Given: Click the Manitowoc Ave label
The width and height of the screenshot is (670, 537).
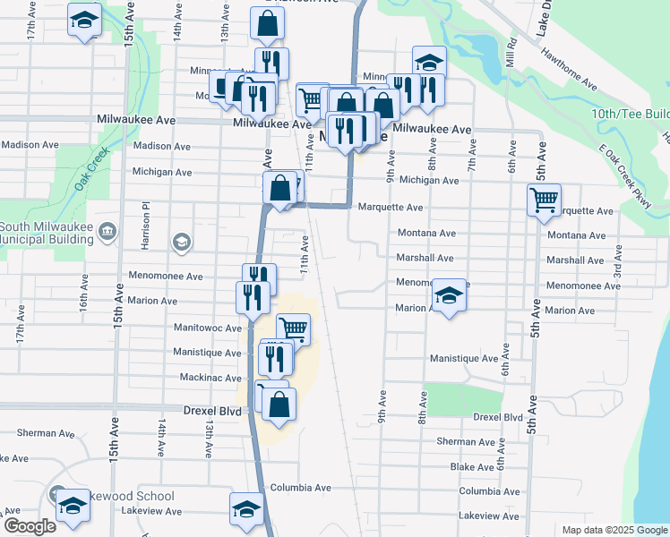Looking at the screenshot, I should pyautogui.click(x=208, y=328).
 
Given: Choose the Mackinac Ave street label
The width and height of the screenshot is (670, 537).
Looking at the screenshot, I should pyautogui.click(x=208, y=379).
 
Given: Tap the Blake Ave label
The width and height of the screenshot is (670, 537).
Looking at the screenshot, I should pyautogui.click(x=472, y=467).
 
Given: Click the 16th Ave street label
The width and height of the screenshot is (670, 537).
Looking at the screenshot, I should pyautogui.click(x=82, y=299).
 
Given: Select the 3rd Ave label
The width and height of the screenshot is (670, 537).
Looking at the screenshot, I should pyautogui.click(x=616, y=261).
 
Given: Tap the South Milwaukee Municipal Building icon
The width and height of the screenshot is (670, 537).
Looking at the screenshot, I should pyautogui.click(x=107, y=232).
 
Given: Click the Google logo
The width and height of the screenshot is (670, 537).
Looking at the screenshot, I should pyautogui.click(x=30, y=526).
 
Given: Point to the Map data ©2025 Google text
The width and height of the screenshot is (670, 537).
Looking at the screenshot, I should pyautogui.click(x=614, y=530).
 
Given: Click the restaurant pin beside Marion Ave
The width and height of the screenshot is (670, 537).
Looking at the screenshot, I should pyautogui.click(x=253, y=296).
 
